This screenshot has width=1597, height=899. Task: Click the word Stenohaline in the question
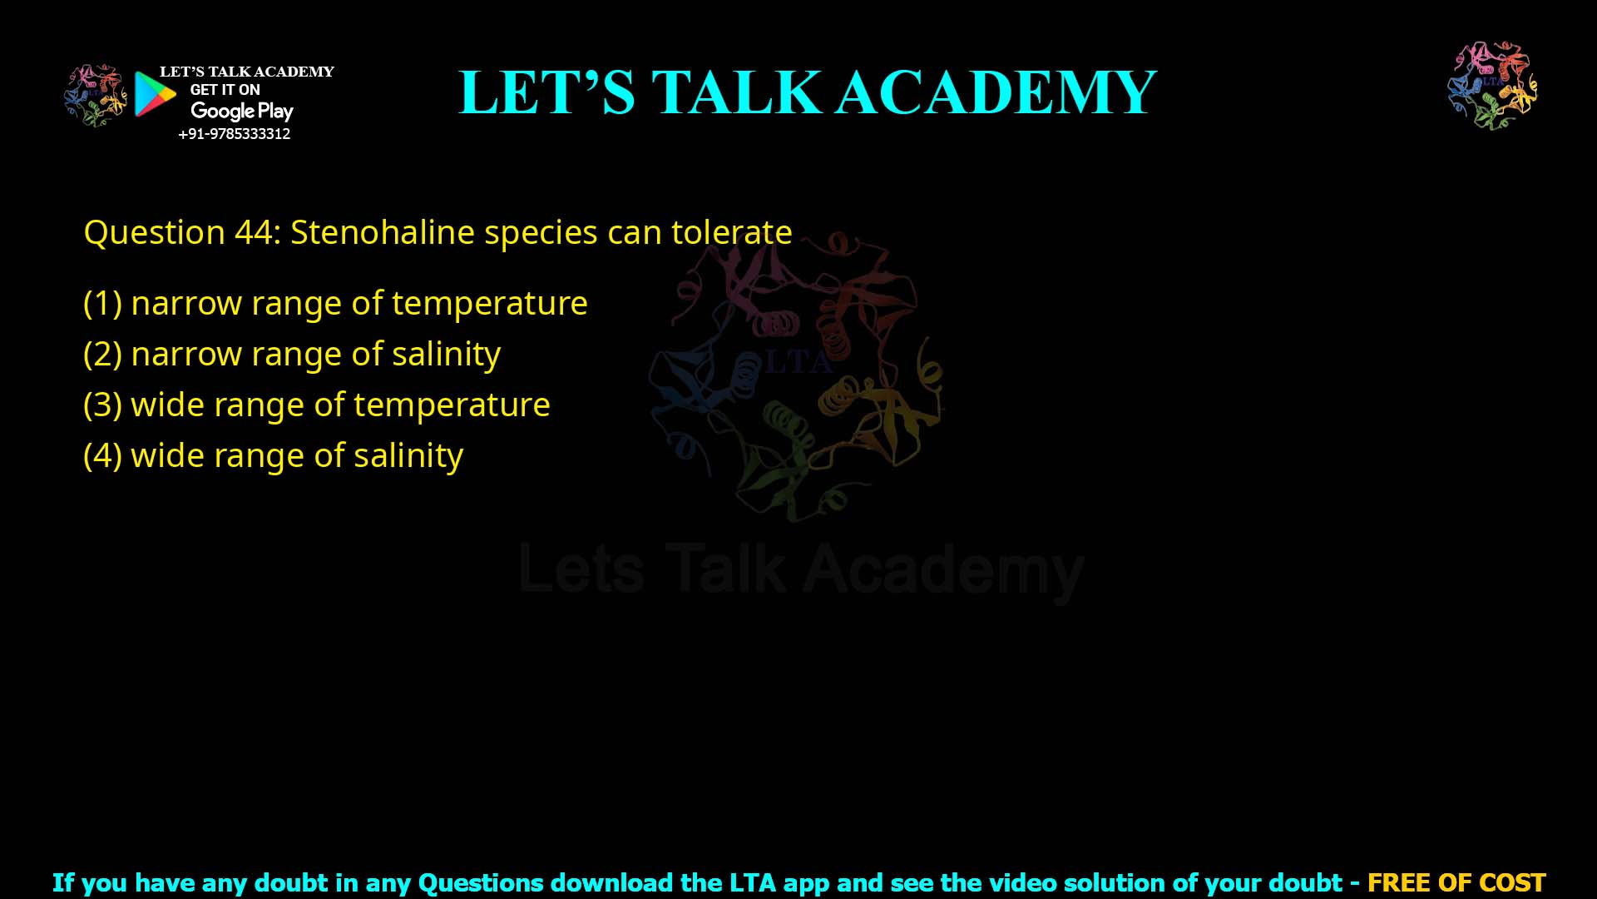click(382, 232)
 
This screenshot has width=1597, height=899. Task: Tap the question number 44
click(253, 232)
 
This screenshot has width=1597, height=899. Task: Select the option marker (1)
click(102, 303)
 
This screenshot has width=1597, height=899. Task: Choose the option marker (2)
click(102, 354)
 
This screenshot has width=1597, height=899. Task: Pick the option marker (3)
click(102, 405)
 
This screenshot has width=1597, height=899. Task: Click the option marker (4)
click(102, 455)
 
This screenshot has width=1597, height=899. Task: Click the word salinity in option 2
click(446, 354)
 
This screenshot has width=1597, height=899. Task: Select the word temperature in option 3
click(452, 405)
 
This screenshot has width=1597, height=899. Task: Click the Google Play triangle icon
click(155, 94)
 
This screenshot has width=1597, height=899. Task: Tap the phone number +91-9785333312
click(235, 134)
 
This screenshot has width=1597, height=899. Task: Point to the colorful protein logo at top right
click(1492, 86)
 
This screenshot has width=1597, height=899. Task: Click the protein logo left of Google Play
click(96, 95)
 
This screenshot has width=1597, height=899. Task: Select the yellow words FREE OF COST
click(1456, 882)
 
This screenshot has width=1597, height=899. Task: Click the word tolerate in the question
click(731, 232)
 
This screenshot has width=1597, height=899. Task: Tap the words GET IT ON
click(225, 90)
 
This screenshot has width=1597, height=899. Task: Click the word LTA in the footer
click(753, 882)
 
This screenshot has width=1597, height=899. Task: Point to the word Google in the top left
click(222, 111)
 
